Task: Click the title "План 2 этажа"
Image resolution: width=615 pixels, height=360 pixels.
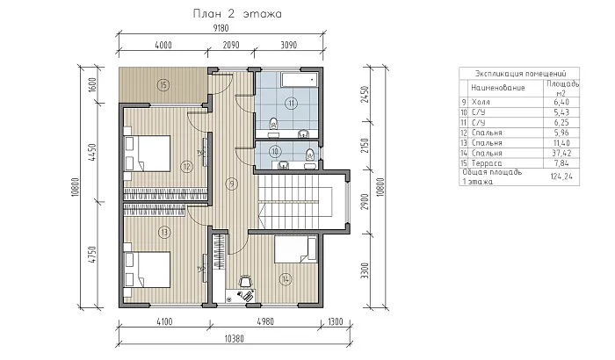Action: coord(237,14)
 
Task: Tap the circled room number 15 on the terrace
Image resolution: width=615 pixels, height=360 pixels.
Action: coord(163,84)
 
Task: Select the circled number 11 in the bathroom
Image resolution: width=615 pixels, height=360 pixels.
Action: coord(291,104)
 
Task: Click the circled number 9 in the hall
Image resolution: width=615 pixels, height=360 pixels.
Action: coord(232,184)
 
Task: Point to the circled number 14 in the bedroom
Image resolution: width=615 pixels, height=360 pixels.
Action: coord(286,279)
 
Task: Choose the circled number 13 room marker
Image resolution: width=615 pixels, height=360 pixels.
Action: coord(164,233)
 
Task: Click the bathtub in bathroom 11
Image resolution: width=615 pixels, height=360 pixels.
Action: coord(300,80)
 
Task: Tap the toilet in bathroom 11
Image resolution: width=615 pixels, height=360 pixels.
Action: coord(274,124)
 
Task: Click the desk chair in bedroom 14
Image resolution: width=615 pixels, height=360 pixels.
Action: coord(245,281)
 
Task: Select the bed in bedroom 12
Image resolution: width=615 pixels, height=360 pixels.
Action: coord(147,154)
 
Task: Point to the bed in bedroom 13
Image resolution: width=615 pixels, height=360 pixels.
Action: coord(147,270)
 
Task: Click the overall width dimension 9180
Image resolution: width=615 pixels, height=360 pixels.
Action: coord(221,28)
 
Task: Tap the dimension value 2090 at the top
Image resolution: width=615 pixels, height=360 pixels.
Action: coord(231,45)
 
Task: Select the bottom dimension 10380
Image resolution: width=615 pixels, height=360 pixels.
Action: coord(234,338)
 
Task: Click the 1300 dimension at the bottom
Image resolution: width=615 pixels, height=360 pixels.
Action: coord(335,322)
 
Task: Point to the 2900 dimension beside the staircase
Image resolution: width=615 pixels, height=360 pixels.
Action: coord(365,202)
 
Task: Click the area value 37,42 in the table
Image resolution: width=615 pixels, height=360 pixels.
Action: coord(561,153)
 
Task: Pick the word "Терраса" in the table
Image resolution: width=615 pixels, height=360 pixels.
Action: coord(487,163)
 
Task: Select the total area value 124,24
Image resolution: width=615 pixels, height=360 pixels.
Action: coord(561,176)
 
